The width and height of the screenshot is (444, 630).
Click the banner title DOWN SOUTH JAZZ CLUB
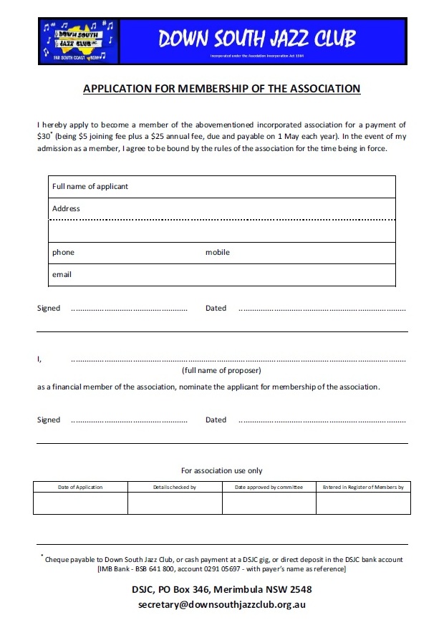pyautogui.click(x=257, y=38)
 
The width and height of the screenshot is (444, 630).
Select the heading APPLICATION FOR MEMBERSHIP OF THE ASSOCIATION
pyautogui.click(x=222, y=89)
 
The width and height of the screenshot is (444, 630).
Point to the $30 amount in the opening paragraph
pyautogui.click(x=44, y=136)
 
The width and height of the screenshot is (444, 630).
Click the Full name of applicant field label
pyautogui.click(x=90, y=186)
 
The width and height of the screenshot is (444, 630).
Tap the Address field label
pyautogui.click(x=66, y=208)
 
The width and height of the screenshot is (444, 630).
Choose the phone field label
pyautogui.click(x=63, y=252)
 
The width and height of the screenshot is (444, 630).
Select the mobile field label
pyautogui.click(x=218, y=252)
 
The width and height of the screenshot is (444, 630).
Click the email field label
pyautogui.click(x=62, y=274)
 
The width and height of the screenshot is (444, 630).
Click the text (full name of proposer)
pyautogui.click(x=221, y=370)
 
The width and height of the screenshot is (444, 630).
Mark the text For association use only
pyautogui.click(x=221, y=470)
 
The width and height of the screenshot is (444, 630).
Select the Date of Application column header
pyautogui.click(x=80, y=487)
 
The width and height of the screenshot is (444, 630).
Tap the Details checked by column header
pyautogui.click(x=175, y=487)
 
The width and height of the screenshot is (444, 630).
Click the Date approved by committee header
pyautogui.click(x=269, y=487)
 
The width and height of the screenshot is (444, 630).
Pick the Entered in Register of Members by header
pyautogui.click(x=363, y=487)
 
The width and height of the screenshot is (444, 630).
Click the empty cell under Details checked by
pyautogui.click(x=175, y=503)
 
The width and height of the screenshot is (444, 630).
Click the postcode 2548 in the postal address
pyautogui.click(x=299, y=589)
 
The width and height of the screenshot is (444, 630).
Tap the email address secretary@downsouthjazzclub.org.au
pyautogui.click(x=222, y=604)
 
